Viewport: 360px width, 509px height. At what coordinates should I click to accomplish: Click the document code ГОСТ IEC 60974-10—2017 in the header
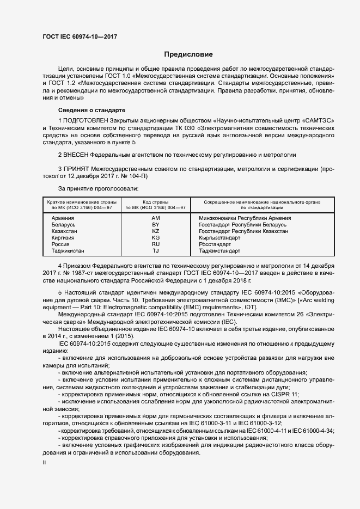click(81, 37)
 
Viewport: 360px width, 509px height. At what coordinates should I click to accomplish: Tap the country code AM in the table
click(156, 218)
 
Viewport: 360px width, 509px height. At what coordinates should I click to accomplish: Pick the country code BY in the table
click(156, 224)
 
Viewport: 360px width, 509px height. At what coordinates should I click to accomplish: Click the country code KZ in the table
click(156, 231)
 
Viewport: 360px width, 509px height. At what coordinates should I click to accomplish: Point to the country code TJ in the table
click(156, 251)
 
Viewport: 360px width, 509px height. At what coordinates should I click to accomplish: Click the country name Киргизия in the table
click(64, 238)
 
